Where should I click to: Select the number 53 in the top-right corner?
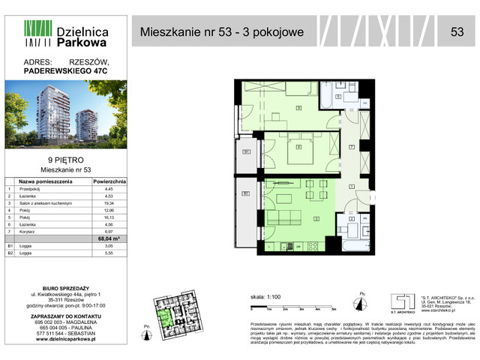coord(456,31)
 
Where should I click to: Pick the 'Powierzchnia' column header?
coord(109,181)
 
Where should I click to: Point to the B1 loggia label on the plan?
coord(246,152)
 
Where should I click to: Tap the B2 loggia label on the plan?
coord(246,193)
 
